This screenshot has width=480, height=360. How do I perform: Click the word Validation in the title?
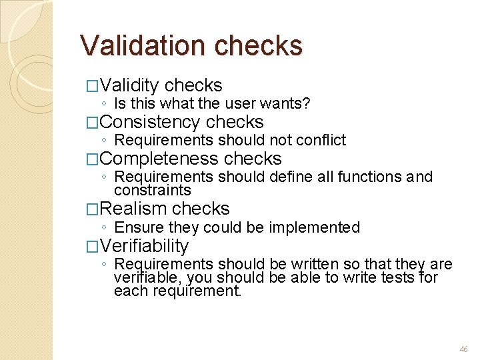pyautogui.click(x=143, y=45)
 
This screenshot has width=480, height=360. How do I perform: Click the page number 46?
pyautogui.click(x=464, y=349)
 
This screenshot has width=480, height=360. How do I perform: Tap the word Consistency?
pyautogui.click(x=151, y=122)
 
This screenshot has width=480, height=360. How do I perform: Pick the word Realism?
pyautogui.click(x=135, y=209)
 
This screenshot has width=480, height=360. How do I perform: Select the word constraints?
pyautogui.click(x=153, y=190)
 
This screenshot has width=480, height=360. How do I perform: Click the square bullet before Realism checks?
pyautogui.click(x=93, y=209)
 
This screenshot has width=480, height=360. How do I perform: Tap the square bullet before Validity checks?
pyautogui.click(x=93, y=86)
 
